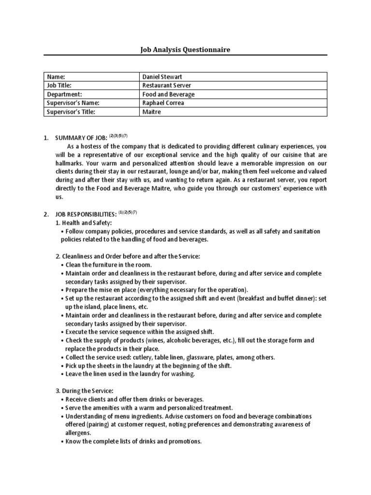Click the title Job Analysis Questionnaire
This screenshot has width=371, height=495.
[x=185, y=49]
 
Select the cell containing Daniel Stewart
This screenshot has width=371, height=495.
[x=162, y=77]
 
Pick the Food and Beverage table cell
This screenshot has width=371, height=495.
[x=168, y=94]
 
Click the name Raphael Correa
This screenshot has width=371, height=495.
[x=163, y=103]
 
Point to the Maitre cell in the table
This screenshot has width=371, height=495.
[x=151, y=112]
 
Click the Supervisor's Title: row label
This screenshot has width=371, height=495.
[x=71, y=112]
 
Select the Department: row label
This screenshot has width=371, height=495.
[x=64, y=94]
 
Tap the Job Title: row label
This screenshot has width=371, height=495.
[x=61, y=86]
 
